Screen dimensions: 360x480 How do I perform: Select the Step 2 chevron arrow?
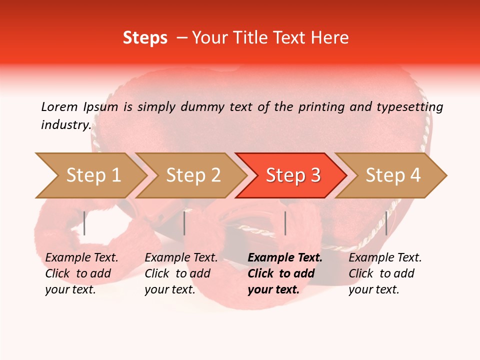pyautogui.click(x=193, y=175)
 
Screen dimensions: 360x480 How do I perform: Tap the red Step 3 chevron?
pyautogui.click(x=293, y=175)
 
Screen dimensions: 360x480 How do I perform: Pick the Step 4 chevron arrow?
pyautogui.click(x=393, y=175)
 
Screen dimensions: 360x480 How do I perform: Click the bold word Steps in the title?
pyautogui.click(x=145, y=38)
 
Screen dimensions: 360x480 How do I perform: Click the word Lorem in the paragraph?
pyautogui.click(x=59, y=106)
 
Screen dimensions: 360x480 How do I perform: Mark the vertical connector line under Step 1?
pyautogui.click(x=84, y=223)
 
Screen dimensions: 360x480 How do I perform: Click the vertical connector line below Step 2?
pyautogui.click(x=184, y=223)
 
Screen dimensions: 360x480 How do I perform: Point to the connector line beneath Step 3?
pyautogui.click(x=285, y=223)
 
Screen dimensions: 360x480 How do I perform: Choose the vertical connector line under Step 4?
pyautogui.click(x=386, y=223)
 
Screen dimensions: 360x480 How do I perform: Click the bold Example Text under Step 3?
pyautogui.click(x=285, y=257)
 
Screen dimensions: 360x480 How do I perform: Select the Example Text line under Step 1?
pyautogui.click(x=81, y=257)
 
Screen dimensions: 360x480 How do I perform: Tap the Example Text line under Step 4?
pyautogui.click(x=385, y=257)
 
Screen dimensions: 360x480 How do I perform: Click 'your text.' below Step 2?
pyautogui.click(x=169, y=289)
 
